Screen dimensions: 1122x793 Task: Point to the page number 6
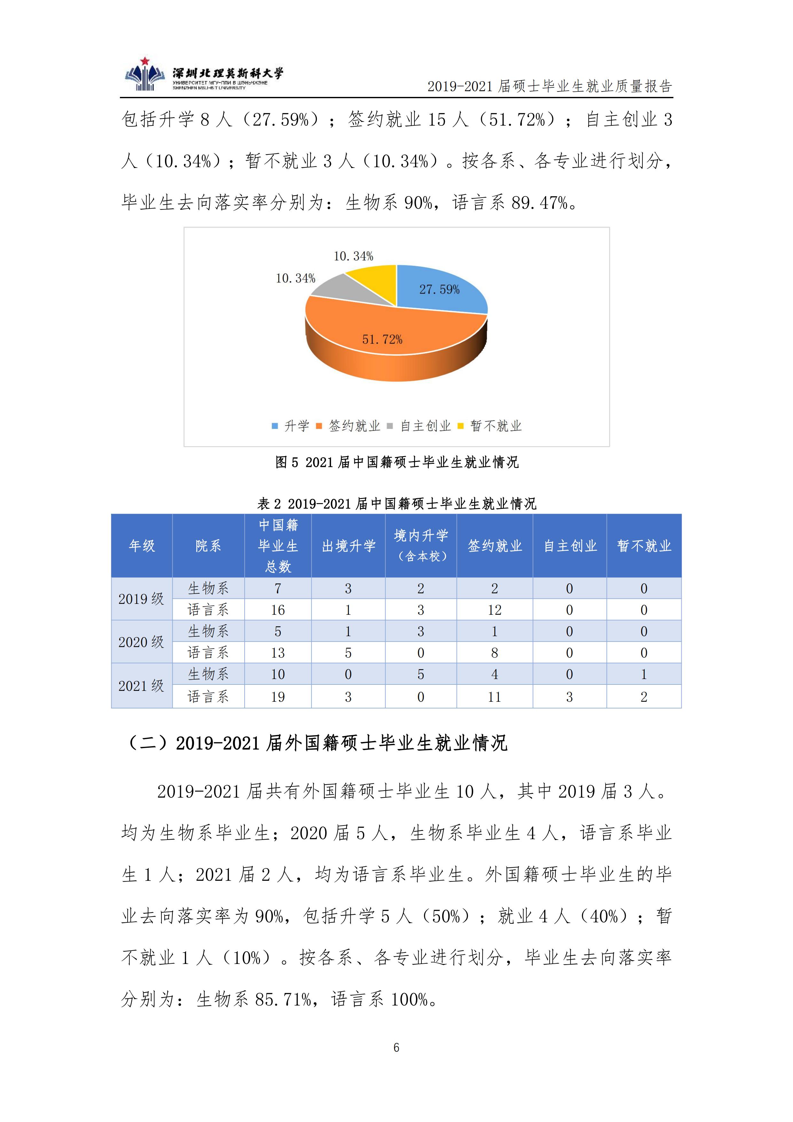pyautogui.click(x=396, y=1047)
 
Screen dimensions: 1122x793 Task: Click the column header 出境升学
pyautogui.click(x=348, y=546)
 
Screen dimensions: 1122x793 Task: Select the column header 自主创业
pyautogui.click(x=570, y=546)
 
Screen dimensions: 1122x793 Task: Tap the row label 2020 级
pyautogui.click(x=141, y=642)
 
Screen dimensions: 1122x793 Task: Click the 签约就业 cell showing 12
pyautogui.click(x=494, y=610)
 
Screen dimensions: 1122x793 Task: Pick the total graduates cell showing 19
pyautogui.click(x=278, y=697)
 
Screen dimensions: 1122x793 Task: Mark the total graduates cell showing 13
pyautogui.click(x=278, y=653)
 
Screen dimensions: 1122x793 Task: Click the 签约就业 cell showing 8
pyautogui.click(x=494, y=653)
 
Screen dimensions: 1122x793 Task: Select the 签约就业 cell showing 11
pyautogui.click(x=494, y=697)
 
